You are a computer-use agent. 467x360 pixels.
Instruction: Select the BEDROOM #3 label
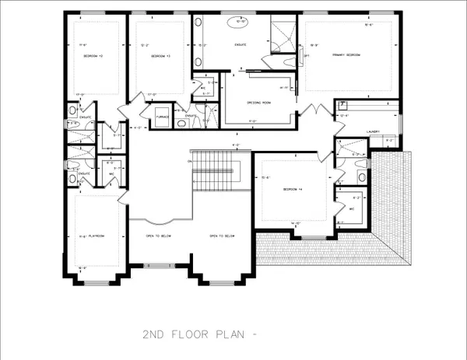coord(161,57)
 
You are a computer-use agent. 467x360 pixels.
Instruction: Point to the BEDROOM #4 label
coord(285,190)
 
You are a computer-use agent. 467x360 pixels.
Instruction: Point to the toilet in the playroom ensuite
coord(72,179)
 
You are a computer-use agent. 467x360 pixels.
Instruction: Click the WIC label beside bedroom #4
coord(351,208)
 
